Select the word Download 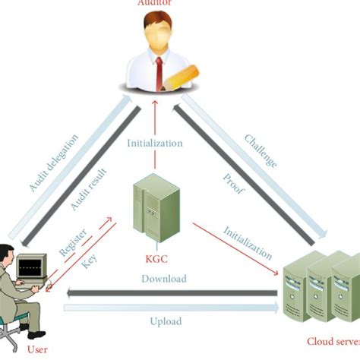tap(163, 279)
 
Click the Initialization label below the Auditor tap(155, 142)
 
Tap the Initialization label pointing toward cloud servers tap(248, 242)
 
